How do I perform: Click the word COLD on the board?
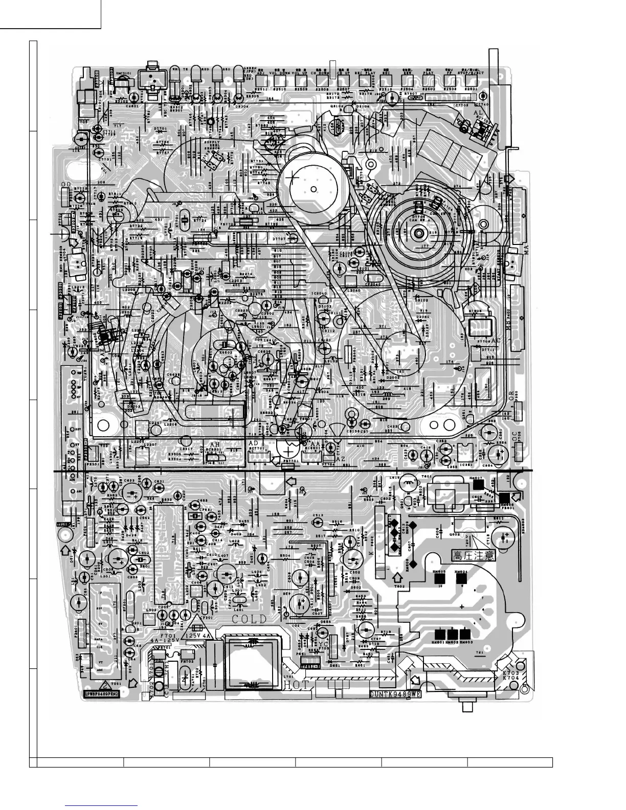[249, 619]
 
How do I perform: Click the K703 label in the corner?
[511, 674]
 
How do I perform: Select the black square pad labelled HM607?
[477, 484]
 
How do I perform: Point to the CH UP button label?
[343, 73]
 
